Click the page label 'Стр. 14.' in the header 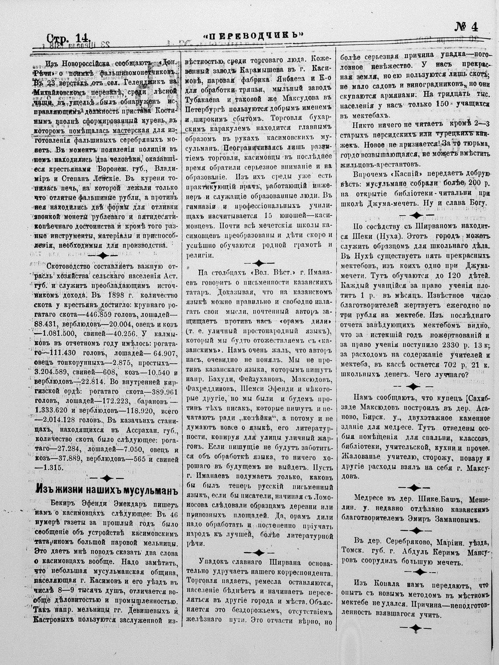point(67,38)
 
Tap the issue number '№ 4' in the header point(466,27)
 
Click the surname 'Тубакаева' point(205,100)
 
